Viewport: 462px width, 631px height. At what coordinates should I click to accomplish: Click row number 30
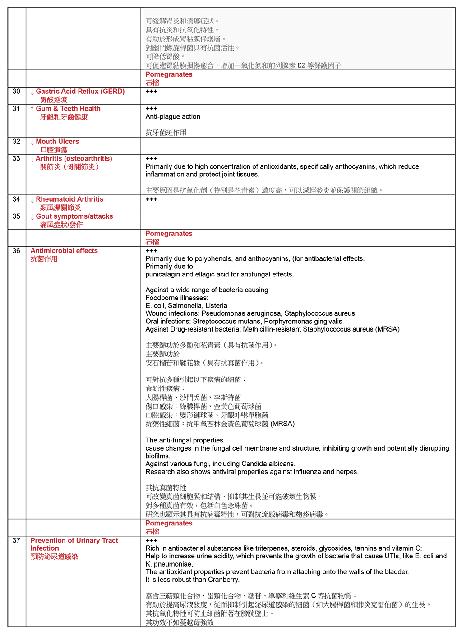(x=16, y=92)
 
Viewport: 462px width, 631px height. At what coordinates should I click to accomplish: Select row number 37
(x=16, y=540)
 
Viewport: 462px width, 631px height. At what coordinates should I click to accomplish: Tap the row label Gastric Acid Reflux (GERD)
(x=80, y=92)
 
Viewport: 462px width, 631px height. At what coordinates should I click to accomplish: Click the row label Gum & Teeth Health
(x=68, y=109)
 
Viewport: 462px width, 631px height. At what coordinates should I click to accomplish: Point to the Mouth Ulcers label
(x=57, y=142)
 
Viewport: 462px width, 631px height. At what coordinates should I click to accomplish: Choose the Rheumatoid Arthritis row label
(x=69, y=199)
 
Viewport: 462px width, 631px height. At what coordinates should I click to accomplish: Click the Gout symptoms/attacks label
(x=74, y=216)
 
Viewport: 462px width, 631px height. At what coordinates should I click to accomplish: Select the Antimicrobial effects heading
(x=64, y=251)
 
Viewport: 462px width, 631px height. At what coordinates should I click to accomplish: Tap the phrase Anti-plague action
(x=173, y=117)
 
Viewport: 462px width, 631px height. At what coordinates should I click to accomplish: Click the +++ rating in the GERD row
(x=152, y=92)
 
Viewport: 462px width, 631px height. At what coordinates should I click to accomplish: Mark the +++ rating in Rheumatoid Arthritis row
(x=152, y=199)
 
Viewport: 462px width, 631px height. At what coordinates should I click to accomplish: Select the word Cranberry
(x=224, y=580)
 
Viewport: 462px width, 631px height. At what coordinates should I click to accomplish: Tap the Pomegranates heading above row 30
(x=169, y=74)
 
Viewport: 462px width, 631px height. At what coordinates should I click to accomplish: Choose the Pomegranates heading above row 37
(x=169, y=523)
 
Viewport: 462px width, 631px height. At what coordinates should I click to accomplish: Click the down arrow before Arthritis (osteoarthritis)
(x=32, y=159)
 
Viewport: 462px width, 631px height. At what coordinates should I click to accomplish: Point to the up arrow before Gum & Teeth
(x=32, y=109)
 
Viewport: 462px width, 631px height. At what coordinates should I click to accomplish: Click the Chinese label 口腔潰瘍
(x=54, y=150)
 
